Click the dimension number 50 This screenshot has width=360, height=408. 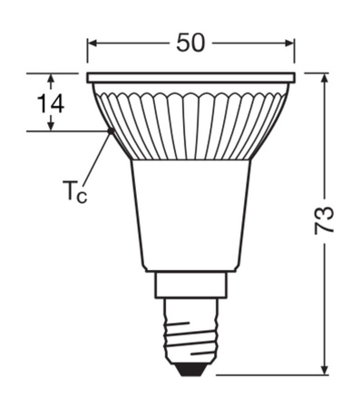pyautogui.click(x=190, y=43)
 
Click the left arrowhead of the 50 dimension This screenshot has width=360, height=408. pyautogui.click(x=92, y=43)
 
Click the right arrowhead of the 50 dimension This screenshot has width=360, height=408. pyautogui.click(x=290, y=43)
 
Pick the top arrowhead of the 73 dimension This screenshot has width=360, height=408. pyautogui.click(x=324, y=77)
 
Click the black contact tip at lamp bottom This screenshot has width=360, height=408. pyautogui.click(x=191, y=367)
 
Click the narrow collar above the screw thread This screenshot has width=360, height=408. pyautogui.click(x=191, y=287)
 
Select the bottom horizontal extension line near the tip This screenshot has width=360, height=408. pyautogui.click(x=272, y=373)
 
